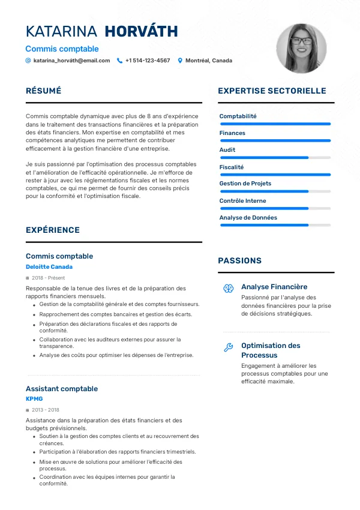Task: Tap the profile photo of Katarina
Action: point(301,49)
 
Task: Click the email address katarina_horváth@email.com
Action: point(71,61)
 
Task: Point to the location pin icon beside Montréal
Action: point(180,61)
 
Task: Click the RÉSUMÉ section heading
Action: point(44,91)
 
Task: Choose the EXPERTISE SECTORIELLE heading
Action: point(272,91)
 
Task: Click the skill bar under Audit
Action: point(275,158)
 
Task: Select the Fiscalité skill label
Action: point(232,167)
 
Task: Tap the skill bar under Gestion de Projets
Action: point(275,191)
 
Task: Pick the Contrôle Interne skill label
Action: point(242,200)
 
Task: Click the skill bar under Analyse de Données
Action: point(275,225)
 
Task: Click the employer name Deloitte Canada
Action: point(49,266)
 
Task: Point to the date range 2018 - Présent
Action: point(49,278)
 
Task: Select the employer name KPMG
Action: point(34,398)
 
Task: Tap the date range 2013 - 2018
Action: point(45,410)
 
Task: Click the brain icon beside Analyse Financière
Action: point(228,289)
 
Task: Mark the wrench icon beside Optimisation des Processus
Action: point(228,347)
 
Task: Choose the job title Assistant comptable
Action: point(62,389)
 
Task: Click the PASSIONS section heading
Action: point(239,261)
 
